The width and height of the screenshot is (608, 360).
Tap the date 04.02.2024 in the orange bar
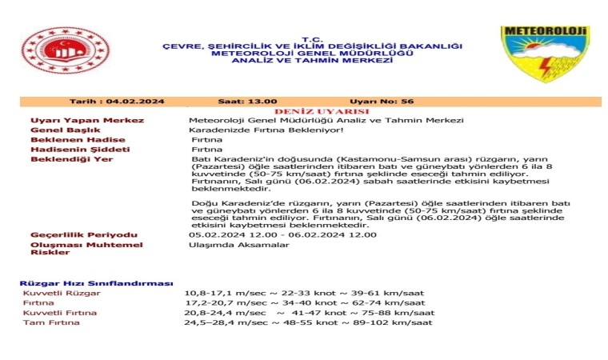[140, 102]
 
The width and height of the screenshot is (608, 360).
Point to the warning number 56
[407, 102]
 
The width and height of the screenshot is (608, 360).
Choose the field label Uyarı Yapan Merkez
[87, 120]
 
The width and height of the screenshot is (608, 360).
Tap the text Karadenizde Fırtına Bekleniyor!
[254, 130]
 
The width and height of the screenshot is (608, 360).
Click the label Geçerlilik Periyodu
[84, 235]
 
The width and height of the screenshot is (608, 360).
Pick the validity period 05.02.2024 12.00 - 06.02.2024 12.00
[282, 235]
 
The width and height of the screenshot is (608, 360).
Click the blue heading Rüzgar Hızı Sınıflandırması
[96, 283]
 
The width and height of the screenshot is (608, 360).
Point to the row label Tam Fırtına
[52, 322]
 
